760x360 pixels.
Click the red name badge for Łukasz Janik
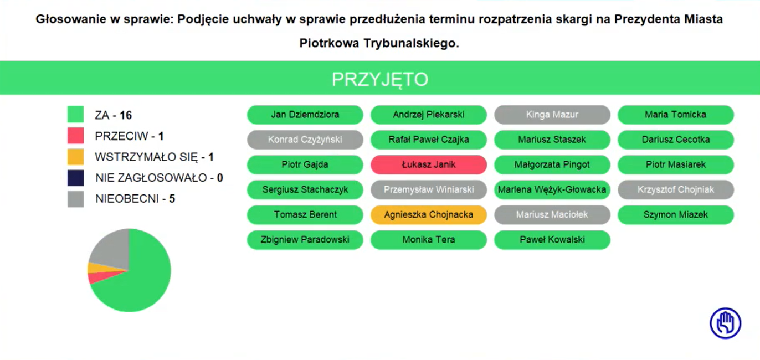[429, 164]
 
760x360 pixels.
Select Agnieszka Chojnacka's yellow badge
[429, 215]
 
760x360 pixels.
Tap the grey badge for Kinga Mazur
[552, 115]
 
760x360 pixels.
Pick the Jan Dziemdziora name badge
[305, 115]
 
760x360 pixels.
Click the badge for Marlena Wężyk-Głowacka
[552, 189]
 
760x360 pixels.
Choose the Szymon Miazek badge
[675, 215]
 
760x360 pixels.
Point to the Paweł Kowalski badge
[552, 240]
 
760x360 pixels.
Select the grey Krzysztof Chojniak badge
[675, 189]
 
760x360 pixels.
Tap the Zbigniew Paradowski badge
[305, 240]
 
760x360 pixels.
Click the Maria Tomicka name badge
[675, 115]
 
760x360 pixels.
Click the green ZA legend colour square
[76, 114]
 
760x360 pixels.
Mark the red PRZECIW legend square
[76, 136]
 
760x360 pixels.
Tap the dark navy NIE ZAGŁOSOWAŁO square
[76, 178]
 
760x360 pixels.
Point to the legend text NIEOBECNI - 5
[135, 199]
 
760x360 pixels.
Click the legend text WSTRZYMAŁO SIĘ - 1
[155, 157]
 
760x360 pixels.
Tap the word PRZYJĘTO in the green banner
[380, 80]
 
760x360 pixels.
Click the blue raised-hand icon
[726, 323]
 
